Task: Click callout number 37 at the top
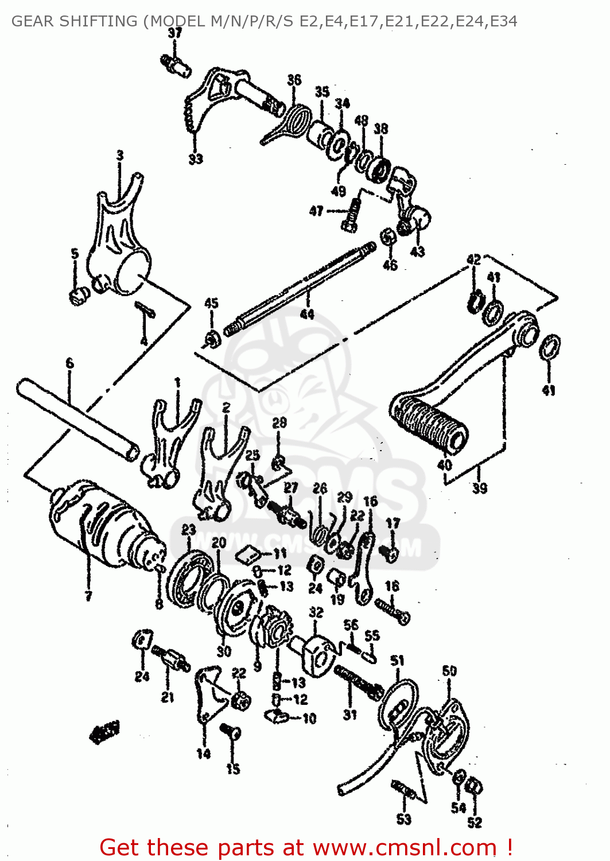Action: [x=174, y=33]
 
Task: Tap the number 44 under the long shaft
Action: [x=307, y=313]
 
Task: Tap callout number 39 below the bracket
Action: [x=479, y=488]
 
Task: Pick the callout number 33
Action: [x=196, y=159]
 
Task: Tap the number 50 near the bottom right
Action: [x=449, y=671]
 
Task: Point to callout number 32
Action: [x=316, y=612]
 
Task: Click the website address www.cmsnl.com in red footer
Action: [x=404, y=847]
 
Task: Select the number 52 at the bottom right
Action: [x=474, y=823]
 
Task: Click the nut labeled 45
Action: [x=211, y=339]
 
